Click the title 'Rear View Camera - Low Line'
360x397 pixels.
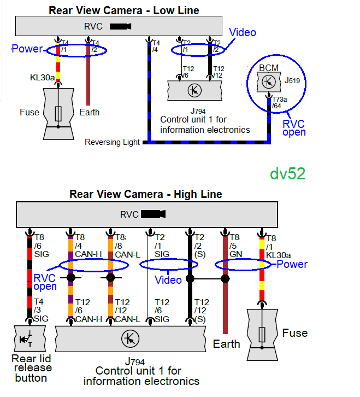point(124,10)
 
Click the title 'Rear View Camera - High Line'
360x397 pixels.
point(146,194)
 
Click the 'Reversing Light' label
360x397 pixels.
point(112,143)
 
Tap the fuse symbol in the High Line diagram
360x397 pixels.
point(263,333)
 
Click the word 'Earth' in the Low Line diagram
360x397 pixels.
point(89,112)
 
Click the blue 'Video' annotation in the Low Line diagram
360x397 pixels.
point(243,33)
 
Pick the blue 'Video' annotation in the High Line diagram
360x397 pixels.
point(168,280)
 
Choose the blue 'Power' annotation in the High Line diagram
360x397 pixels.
point(292,264)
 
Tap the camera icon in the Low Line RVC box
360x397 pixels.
point(120,26)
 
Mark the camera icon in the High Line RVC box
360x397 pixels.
point(154,214)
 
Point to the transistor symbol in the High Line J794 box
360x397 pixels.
point(130,339)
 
